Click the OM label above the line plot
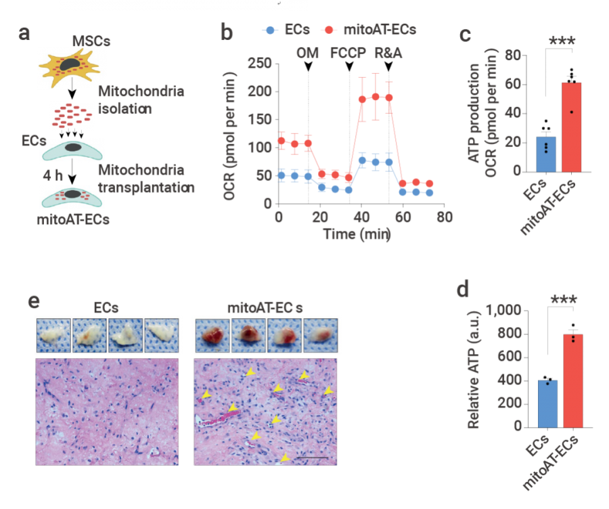coord(308,53)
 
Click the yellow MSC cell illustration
coord(72,68)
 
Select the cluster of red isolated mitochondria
coord(72,116)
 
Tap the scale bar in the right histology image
coord(312,458)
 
